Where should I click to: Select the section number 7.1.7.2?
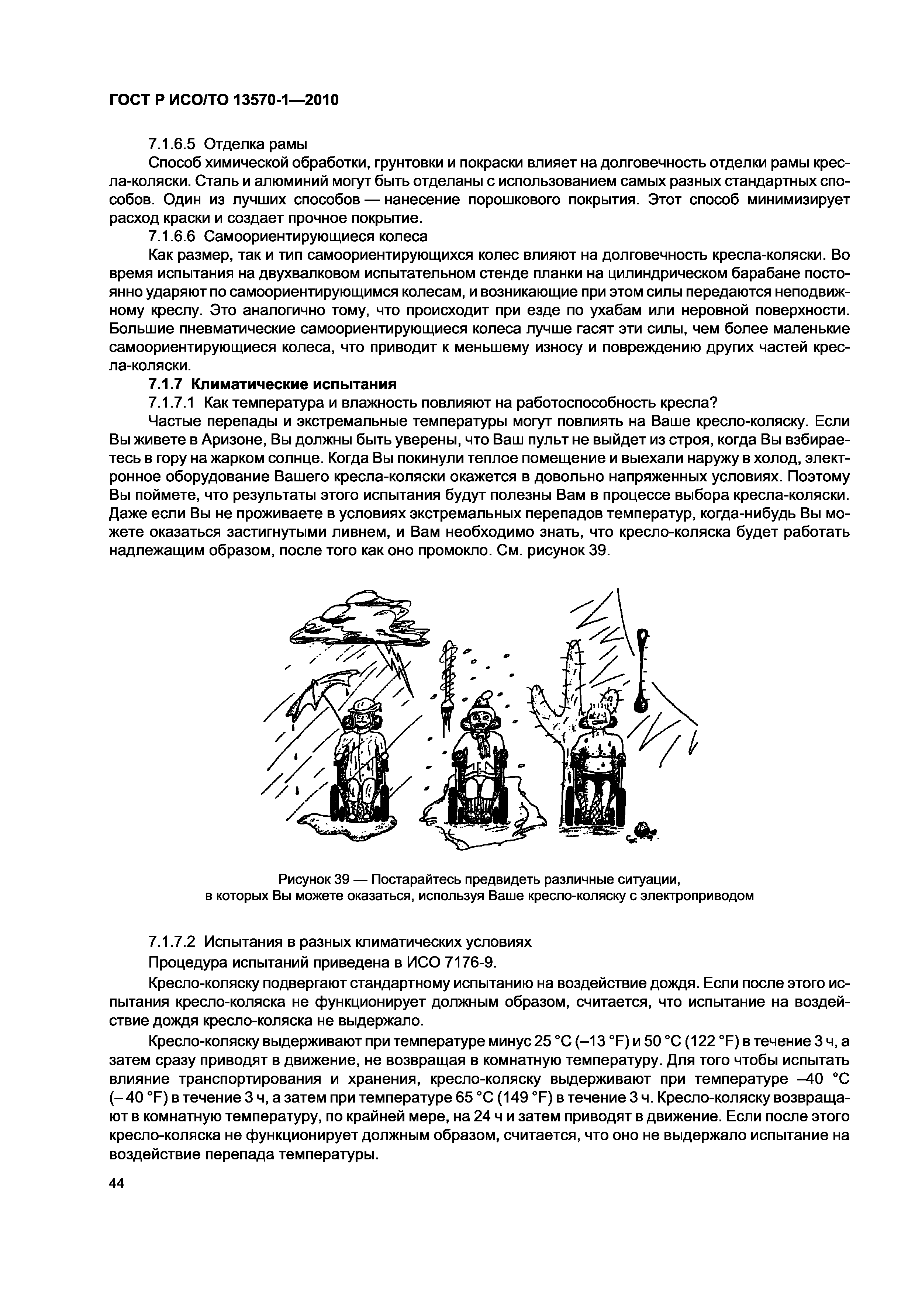[173, 942]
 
